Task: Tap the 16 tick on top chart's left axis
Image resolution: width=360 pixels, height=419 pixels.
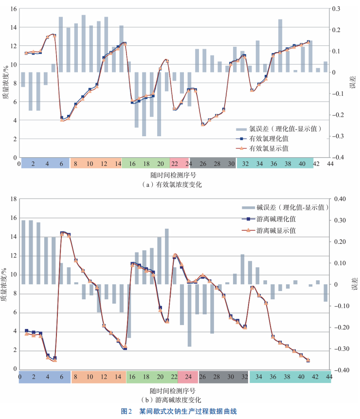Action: [14, 9]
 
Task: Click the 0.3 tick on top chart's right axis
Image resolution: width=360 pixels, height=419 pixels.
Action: [336, 9]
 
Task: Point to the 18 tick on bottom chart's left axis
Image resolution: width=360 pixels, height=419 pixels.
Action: [14, 199]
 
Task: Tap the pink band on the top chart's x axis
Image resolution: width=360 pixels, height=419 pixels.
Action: [179, 163]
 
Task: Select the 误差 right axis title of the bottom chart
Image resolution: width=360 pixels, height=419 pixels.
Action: [353, 285]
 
